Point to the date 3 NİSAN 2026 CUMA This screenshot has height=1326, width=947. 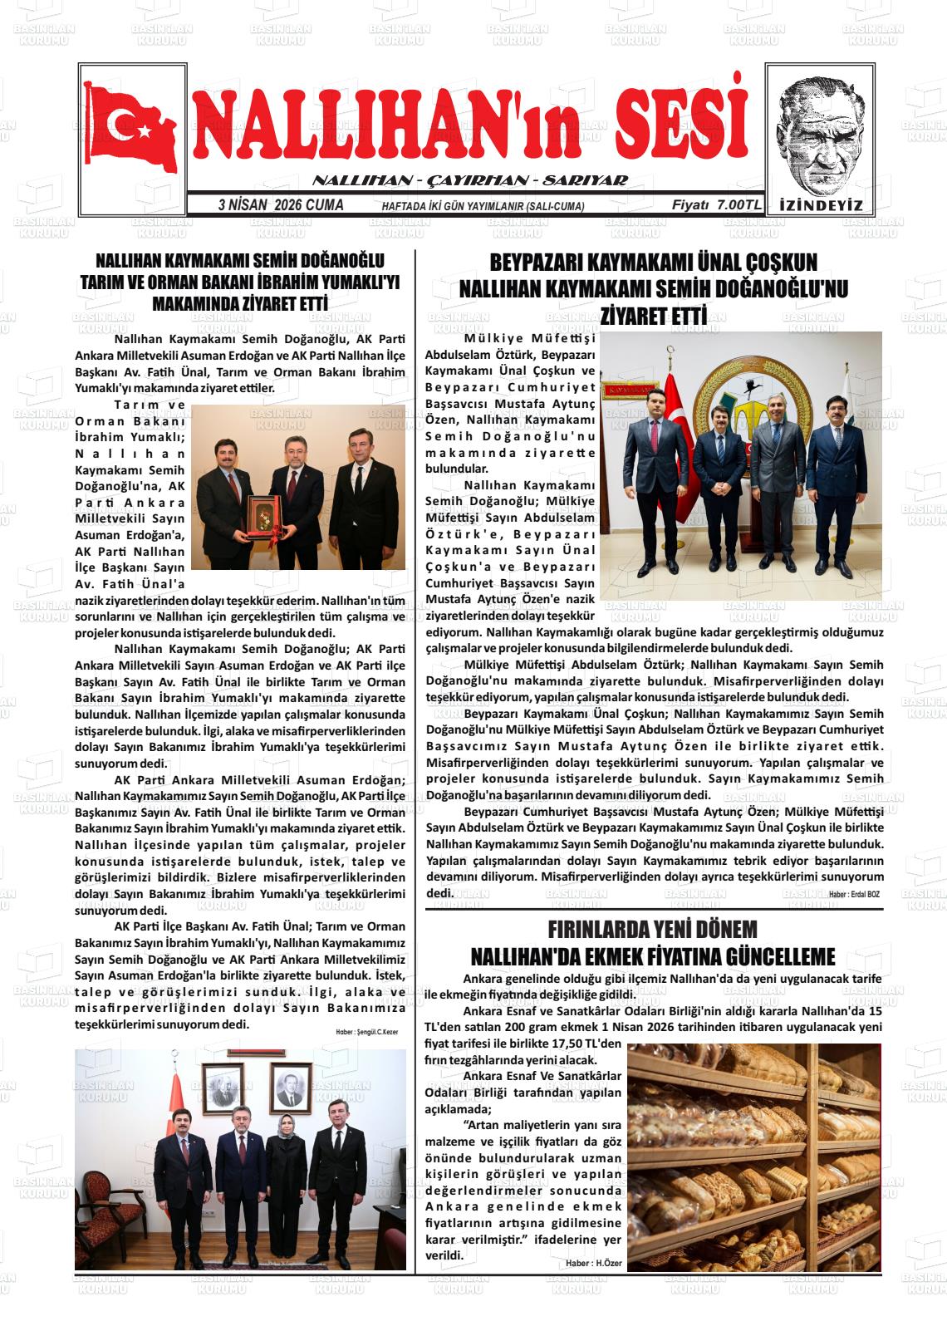[x=280, y=205]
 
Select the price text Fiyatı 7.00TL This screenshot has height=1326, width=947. [x=716, y=205]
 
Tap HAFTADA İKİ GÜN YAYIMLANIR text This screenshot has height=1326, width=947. [x=482, y=206]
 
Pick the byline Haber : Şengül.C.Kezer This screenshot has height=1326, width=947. [x=366, y=1032]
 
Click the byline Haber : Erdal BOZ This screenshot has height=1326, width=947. [x=853, y=894]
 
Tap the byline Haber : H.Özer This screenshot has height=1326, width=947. [x=593, y=1263]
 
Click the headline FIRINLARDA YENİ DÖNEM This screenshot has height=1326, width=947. [x=653, y=929]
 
